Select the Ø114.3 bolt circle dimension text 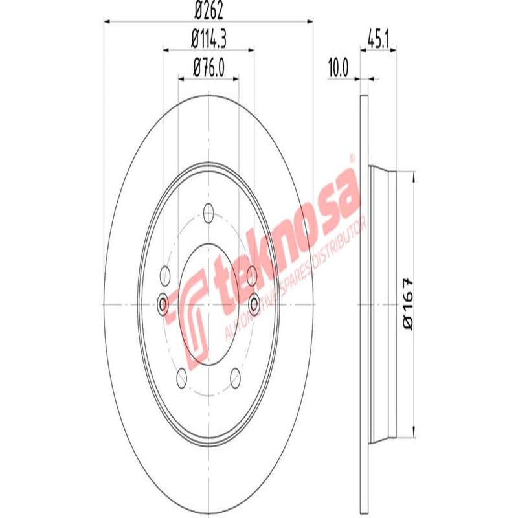click(208, 39)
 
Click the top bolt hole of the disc click(208, 212)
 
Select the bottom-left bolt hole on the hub click(181, 377)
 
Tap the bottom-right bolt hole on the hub click(234, 377)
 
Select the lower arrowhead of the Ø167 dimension click(413, 435)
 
